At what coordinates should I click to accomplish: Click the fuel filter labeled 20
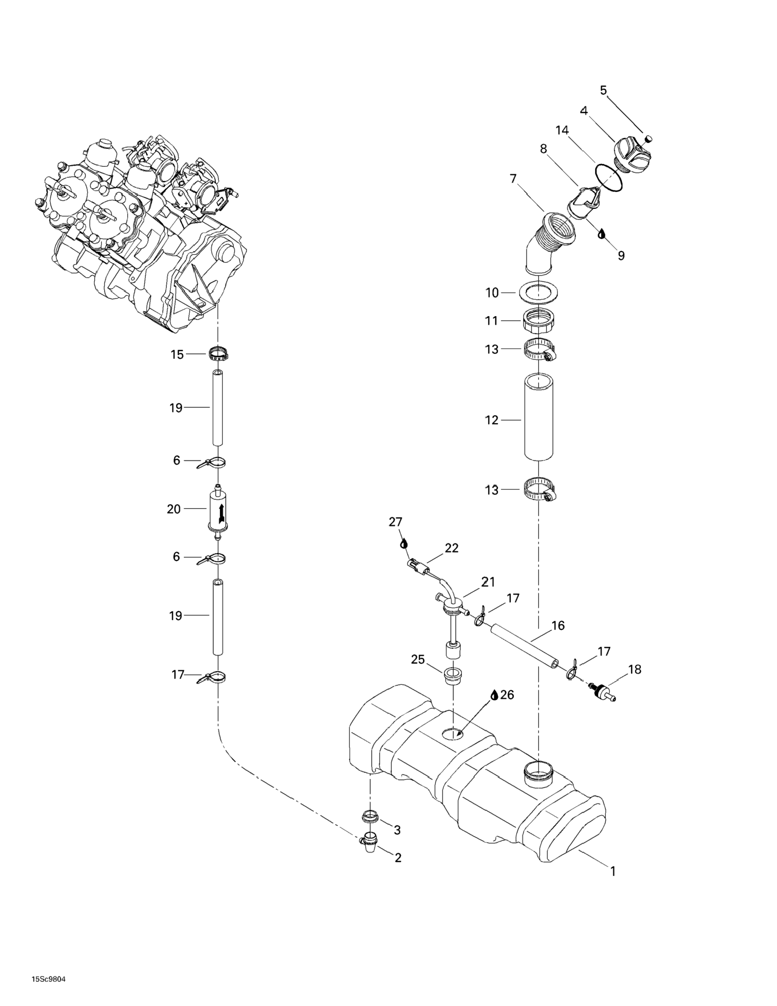coord(217,510)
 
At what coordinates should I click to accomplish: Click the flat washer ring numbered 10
coord(538,293)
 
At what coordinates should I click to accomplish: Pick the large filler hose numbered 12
coord(538,418)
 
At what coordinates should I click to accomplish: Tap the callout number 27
coord(395,522)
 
